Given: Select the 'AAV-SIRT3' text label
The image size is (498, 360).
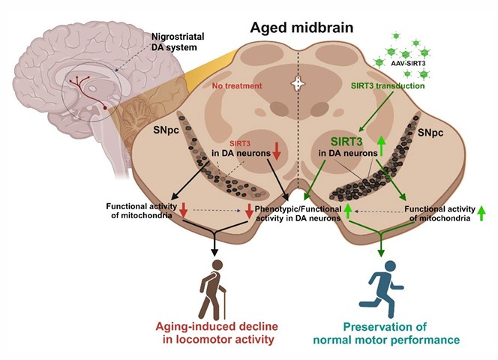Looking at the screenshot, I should pyautogui.click(x=409, y=65).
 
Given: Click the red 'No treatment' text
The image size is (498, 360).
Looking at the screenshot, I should pyautogui.click(x=237, y=86).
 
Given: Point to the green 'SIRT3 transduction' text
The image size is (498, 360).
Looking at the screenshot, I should pyautogui.click(x=388, y=87).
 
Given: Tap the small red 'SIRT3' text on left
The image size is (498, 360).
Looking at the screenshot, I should pyautogui.click(x=241, y=142).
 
